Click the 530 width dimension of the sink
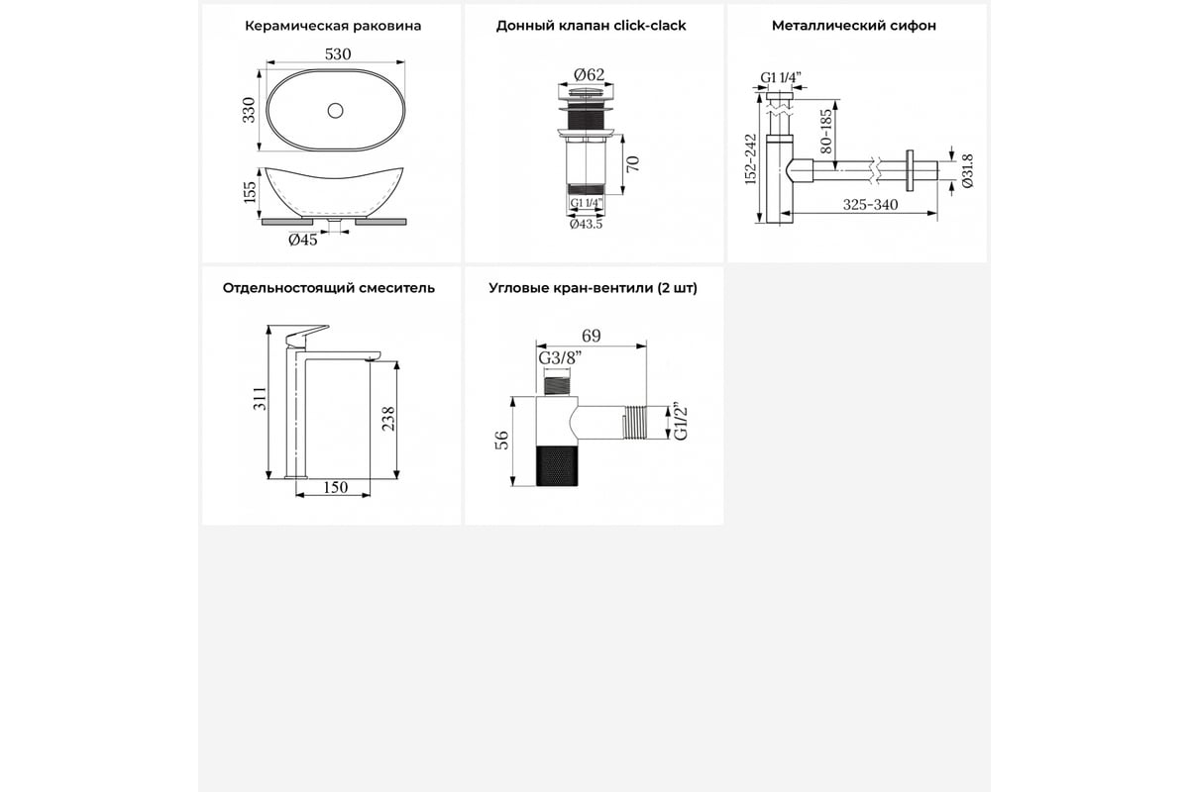[338, 54]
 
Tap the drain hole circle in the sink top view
[335, 110]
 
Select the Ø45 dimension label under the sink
[303, 241]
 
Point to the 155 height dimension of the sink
[250, 192]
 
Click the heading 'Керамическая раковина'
[333, 26]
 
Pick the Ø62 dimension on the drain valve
[590, 75]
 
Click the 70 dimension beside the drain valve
[633, 164]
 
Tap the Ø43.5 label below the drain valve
[586, 224]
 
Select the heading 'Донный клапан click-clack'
[592, 26]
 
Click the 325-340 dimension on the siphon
[871, 205]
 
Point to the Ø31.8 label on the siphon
[968, 171]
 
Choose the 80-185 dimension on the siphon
[826, 131]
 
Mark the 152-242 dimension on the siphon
[750, 159]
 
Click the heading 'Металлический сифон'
[854, 26]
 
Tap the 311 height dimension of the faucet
[260, 398]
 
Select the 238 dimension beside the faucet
[388, 419]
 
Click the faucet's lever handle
[307, 336]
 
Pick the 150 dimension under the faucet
[336, 487]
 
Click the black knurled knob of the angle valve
[557, 465]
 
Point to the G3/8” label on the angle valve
[560, 358]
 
